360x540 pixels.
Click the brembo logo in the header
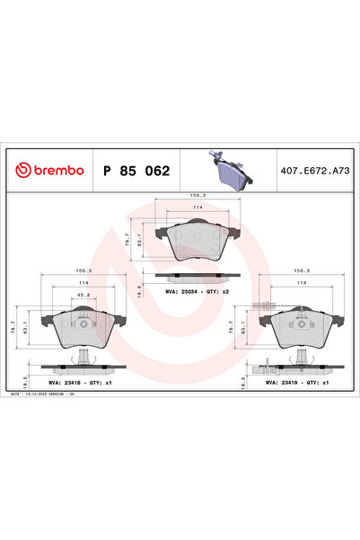46,168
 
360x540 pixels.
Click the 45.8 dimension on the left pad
83,295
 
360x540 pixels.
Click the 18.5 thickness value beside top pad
138,291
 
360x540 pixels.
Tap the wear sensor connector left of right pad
262,310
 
